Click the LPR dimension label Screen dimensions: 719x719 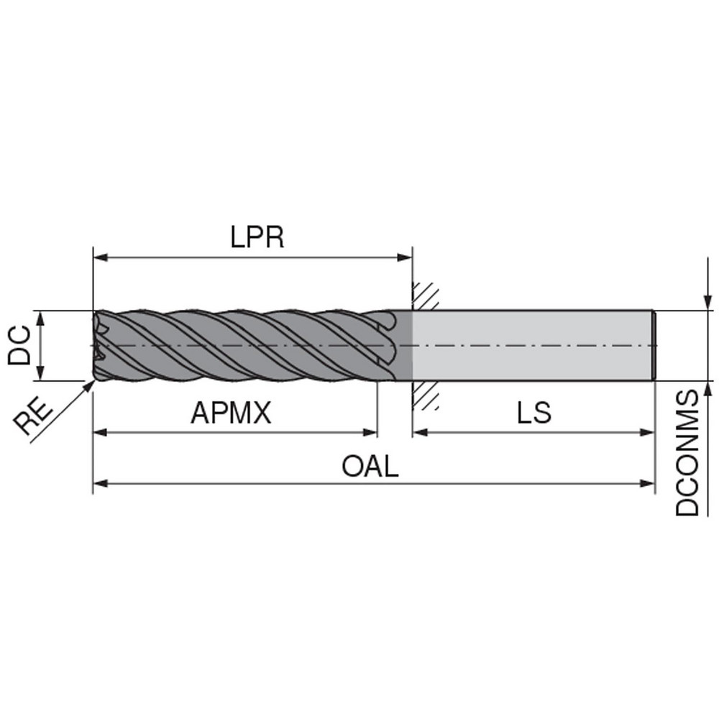[257, 238]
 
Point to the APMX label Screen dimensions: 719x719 [231, 413]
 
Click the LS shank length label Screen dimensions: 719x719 [533, 413]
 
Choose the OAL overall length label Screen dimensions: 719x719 [370, 467]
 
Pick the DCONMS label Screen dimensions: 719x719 [687, 453]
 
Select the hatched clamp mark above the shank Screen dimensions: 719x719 [425, 296]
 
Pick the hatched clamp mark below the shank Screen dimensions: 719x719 [425, 395]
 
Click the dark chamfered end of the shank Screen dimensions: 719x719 [654, 345]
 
